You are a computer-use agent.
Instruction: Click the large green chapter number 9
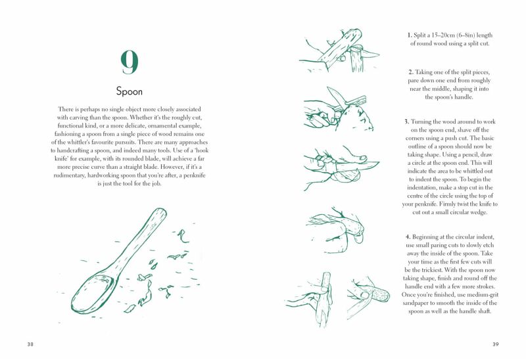pyautogui.click(x=130, y=62)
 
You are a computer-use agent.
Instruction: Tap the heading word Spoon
pyautogui.click(x=130, y=91)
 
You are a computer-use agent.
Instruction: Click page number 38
pyautogui.click(x=30, y=344)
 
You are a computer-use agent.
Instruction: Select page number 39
pyautogui.click(x=496, y=344)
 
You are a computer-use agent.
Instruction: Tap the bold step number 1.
pyautogui.click(x=409, y=35)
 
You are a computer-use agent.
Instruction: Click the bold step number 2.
pyautogui.click(x=410, y=72)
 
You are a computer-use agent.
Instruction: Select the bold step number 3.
pyautogui.click(x=406, y=122)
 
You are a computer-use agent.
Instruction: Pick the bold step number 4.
pyautogui.click(x=408, y=237)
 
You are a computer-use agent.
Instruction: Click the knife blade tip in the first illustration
pyautogui.click(x=379, y=54)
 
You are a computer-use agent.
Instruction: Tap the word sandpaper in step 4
pyautogui.click(x=416, y=303)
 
